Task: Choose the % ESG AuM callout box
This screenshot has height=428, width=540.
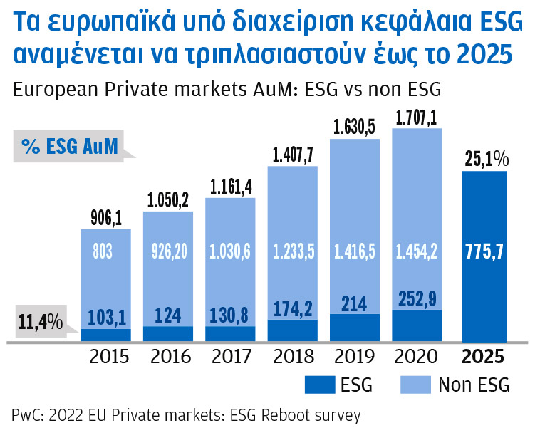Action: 68,147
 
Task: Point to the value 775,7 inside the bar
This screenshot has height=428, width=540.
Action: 484,251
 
